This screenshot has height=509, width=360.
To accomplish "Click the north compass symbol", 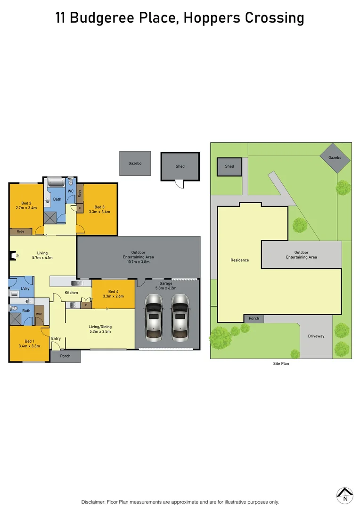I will pyautogui.click(x=345, y=495).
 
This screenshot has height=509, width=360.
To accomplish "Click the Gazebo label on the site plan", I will pyautogui.click(x=335, y=158).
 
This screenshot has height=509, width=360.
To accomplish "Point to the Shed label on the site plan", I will pyautogui.click(x=229, y=166).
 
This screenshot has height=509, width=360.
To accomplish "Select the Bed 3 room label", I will pyautogui.click(x=99, y=207).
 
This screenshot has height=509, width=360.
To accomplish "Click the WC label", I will pyautogui.click(x=71, y=191).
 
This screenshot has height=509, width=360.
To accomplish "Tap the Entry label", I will pyautogui.click(x=56, y=338).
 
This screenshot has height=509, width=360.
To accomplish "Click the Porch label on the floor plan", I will pyautogui.click(x=65, y=356).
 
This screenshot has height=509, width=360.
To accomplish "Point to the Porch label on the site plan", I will pyautogui.click(x=254, y=318).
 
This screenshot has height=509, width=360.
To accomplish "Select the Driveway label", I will pyautogui.click(x=316, y=336).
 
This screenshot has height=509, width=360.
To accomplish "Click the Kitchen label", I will pyautogui.click(x=72, y=293).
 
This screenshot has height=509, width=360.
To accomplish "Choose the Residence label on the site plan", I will pyautogui.click(x=240, y=260).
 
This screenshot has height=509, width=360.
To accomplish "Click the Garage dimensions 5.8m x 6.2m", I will pyautogui.click(x=166, y=288).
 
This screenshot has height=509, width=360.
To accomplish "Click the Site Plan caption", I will pyautogui.click(x=281, y=364).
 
